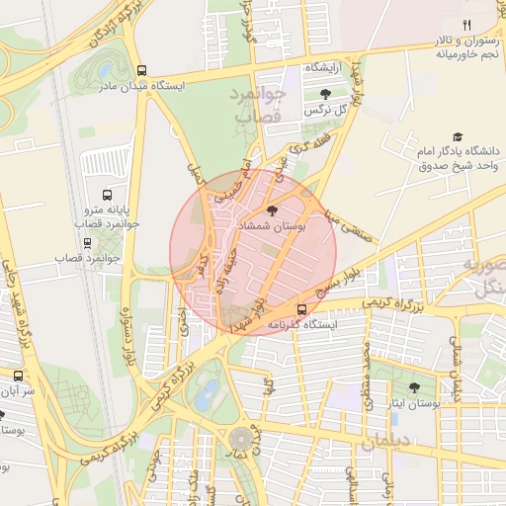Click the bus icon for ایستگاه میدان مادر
pyautogui.click(x=143, y=71)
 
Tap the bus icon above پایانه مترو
pyautogui.click(x=107, y=195)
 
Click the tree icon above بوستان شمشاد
pyautogui.click(x=273, y=210)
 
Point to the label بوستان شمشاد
pyautogui.click(x=273, y=226)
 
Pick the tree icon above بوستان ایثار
pyautogui.click(x=413, y=387)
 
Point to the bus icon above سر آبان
pyautogui.click(x=18, y=376)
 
